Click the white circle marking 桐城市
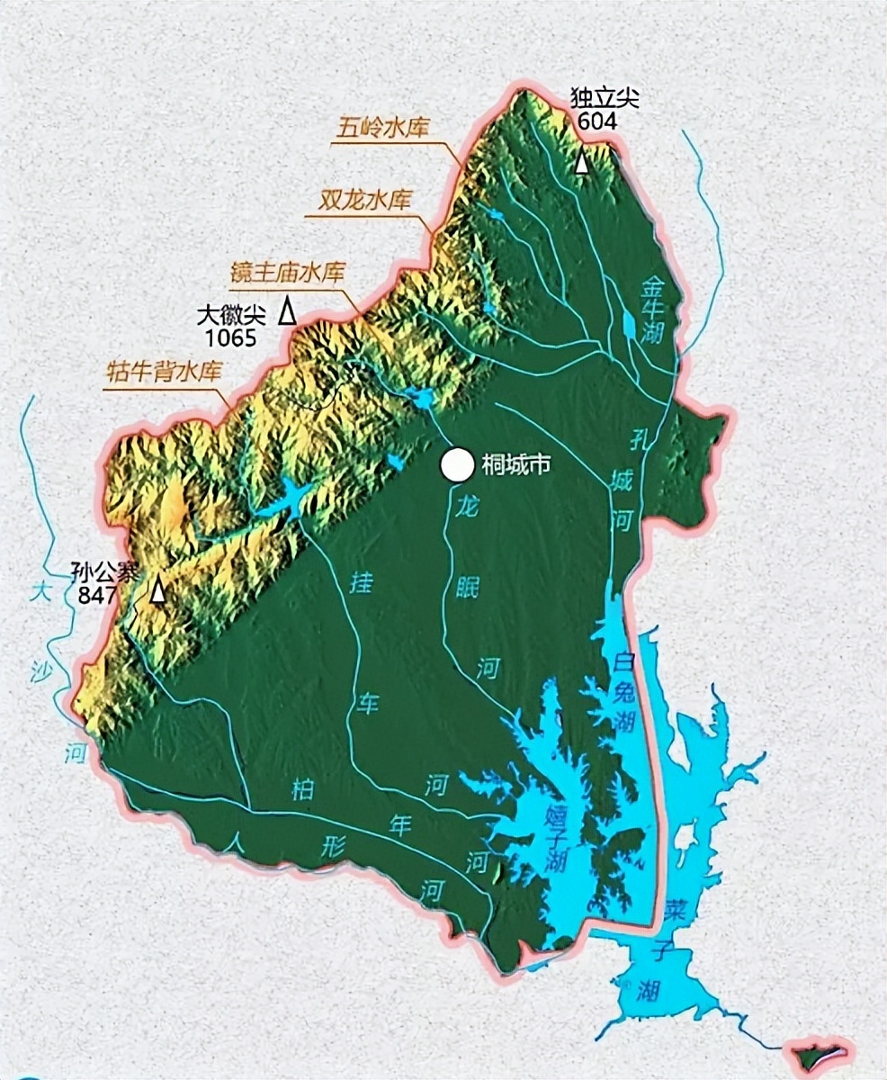pyautogui.click(x=456, y=464)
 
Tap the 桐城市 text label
pyautogui.click(x=516, y=464)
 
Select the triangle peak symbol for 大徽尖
pyautogui.click(x=287, y=310)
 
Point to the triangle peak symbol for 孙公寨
pyautogui.click(x=158, y=589)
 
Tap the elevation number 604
pyautogui.click(x=598, y=121)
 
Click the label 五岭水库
pyautogui.click(x=381, y=128)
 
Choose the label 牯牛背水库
pyautogui.click(x=164, y=373)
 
